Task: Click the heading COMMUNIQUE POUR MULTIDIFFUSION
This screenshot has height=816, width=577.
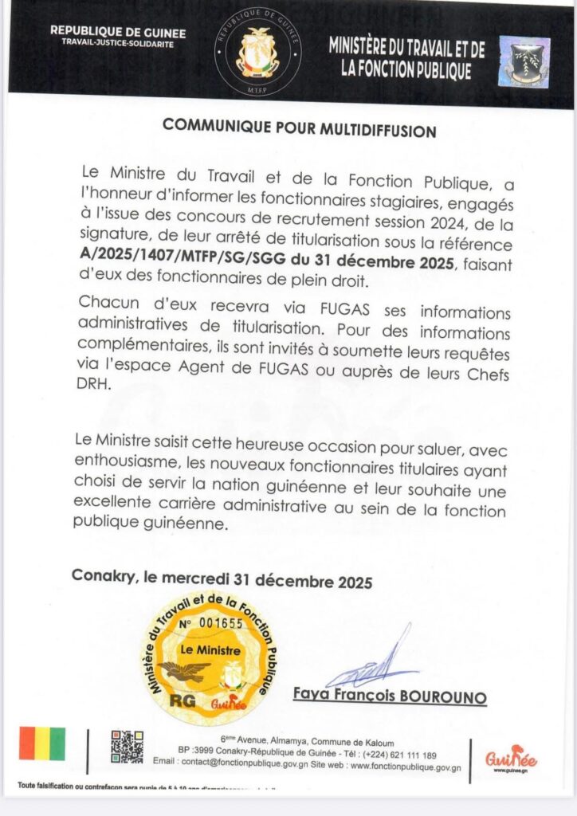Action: (x=299, y=127)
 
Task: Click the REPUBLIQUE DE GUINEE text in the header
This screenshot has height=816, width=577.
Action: (x=117, y=32)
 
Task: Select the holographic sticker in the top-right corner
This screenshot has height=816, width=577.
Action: (x=524, y=61)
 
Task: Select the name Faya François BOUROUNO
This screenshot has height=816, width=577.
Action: (x=389, y=696)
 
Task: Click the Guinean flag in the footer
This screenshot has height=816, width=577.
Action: (x=42, y=743)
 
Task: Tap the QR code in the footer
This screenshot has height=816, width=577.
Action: (x=127, y=746)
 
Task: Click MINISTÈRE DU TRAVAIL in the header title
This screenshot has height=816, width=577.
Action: (x=406, y=49)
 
